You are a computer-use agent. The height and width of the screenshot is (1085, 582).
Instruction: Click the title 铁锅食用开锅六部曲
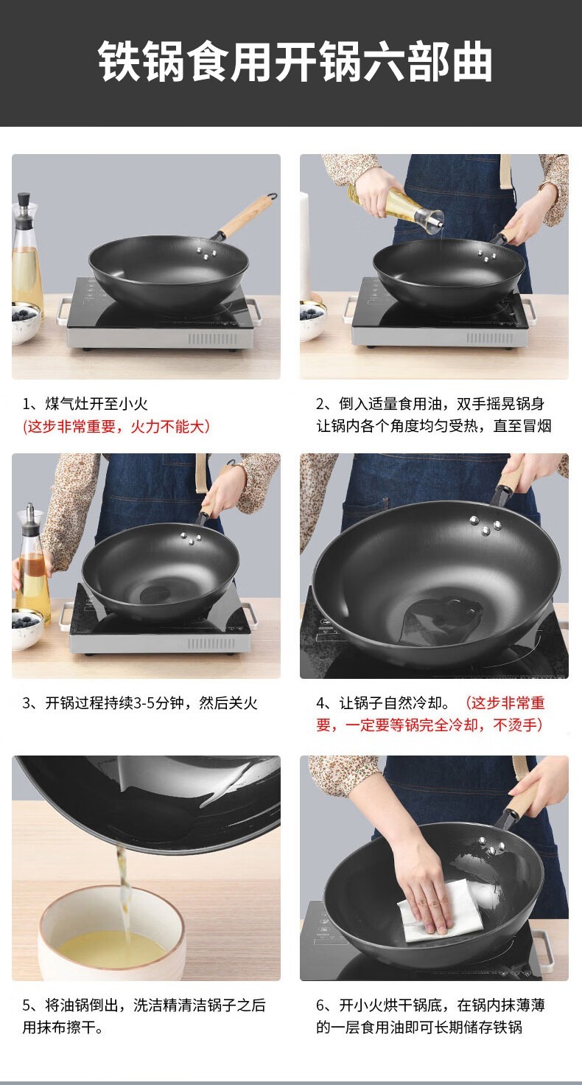coord(295,62)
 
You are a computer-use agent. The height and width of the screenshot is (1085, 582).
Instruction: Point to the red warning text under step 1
coord(116,426)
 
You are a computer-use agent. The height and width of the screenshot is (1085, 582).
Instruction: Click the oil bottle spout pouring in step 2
coord(433,219)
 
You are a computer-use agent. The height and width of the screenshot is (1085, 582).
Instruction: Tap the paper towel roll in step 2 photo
coord(304,247)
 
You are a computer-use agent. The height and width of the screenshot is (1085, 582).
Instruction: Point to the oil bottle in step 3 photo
coord(32,565)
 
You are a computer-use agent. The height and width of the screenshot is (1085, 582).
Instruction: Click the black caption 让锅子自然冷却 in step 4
coord(393,703)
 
